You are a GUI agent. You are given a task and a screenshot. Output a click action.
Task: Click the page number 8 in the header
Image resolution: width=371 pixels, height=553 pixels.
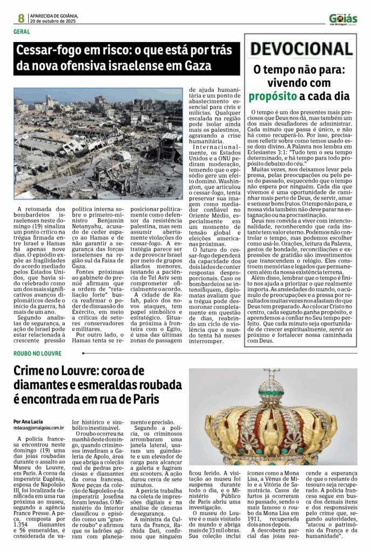[x=21, y=18]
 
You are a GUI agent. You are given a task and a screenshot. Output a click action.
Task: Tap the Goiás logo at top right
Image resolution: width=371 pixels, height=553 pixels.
[x=343, y=18]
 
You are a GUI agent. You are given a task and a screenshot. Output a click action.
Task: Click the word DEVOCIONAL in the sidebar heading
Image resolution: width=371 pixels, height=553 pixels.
[x=301, y=50]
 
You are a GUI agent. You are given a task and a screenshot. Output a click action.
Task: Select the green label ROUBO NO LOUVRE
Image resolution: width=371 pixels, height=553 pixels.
[x=38, y=353]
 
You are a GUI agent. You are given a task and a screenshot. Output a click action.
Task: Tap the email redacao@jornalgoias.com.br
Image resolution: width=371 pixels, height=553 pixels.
[x=39, y=428]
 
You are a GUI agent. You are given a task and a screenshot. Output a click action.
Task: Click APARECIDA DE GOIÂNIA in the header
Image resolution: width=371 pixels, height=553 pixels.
[x=55, y=15]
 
